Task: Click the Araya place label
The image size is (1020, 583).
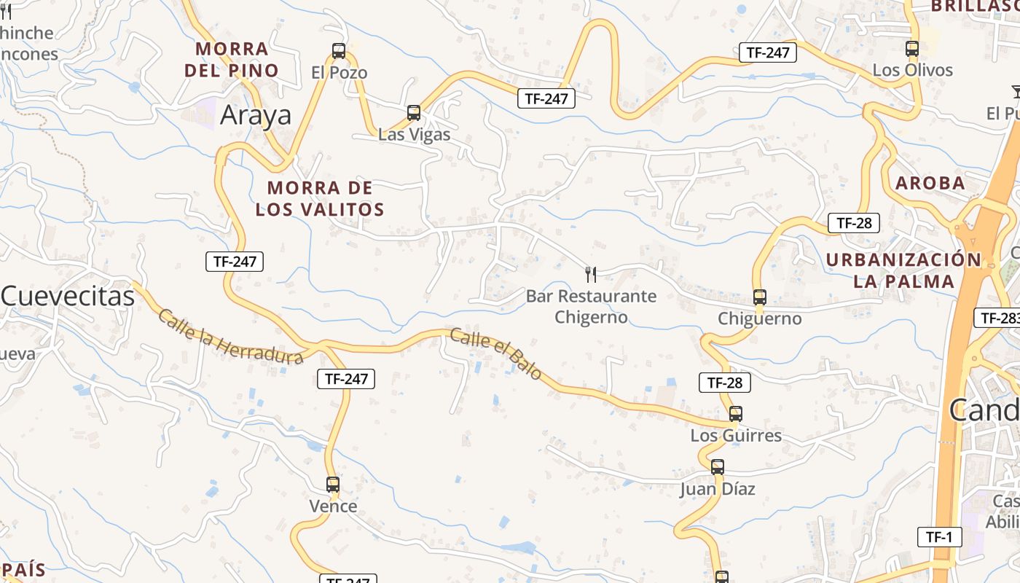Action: pyautogui.click(x=256, y=115)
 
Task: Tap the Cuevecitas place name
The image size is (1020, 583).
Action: pyautogui.click(x=68, y=296)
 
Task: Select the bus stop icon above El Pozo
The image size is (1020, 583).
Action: pyautogui.click(x=339, y=51)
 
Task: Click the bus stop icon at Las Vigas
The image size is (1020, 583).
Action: pyautogui.click(x=414, y=113)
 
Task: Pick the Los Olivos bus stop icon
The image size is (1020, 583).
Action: pyautogui.click(x=912, y=49)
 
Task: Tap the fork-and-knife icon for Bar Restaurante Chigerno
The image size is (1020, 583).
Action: pyautogui.click(x=591, y=275)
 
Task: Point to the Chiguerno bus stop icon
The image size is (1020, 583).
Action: pyautogui.click(x=760, y=297)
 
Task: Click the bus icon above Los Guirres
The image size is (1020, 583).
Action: pyautogui.click(x=736, y=414)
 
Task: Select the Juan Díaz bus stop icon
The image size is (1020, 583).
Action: pyautogui.click(x=718, y=467)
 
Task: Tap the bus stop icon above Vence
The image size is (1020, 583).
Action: pyautogui.click(x=333, y=484)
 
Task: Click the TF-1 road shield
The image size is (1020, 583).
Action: pyautogui.click(x=939, y=537)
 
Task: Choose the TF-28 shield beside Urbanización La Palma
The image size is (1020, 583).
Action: pyautogui.click(x=854, y=223)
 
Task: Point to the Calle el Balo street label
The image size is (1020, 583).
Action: pyautogui.click(x=495, y=354)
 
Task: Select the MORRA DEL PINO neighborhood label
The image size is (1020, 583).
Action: pyautogui.click(x=232, y=60)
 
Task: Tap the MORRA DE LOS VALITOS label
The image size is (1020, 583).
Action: pyautogui.click(x=320, y=199)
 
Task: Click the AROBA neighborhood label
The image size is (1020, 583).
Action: pyautogui.click(x=930, y=184)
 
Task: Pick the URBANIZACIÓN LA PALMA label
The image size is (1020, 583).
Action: pyautogui.click(x=903, y=270)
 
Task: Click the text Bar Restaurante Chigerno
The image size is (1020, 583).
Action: pyautogui.click(x=591, y=307)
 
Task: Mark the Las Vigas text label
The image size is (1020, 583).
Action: pyautogui.click(x=414, y=135)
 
